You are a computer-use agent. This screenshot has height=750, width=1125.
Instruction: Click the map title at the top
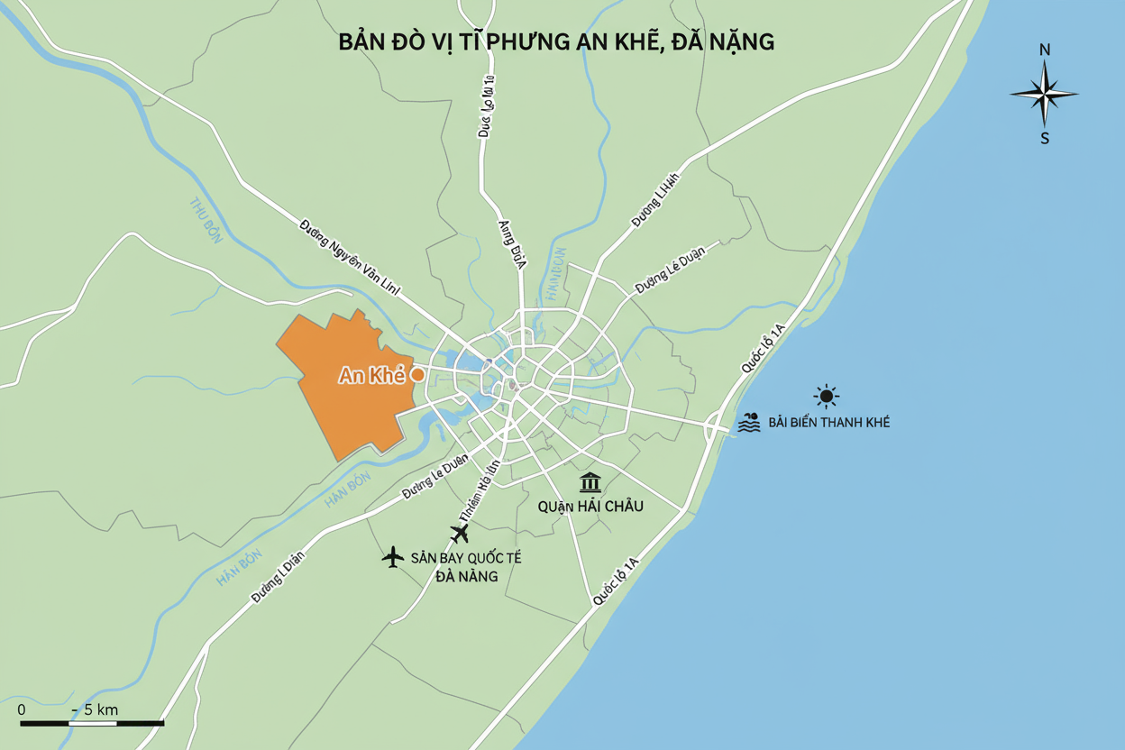point(556,42)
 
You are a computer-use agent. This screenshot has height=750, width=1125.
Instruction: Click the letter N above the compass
point(1045,50)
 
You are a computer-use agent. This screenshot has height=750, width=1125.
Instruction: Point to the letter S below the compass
point(1045,139)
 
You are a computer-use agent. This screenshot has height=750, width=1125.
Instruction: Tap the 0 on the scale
point(22,709)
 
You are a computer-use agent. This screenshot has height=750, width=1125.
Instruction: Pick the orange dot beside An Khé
point(417,374)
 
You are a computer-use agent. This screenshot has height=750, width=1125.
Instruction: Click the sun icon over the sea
point(826,396)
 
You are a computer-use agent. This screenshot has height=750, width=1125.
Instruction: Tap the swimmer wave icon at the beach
point(749,423)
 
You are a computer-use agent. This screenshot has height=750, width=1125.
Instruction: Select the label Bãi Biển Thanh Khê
point(828,423)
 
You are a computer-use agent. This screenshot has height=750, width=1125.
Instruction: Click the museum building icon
point(590,482)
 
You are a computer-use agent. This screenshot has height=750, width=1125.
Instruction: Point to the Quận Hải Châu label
point(590,507)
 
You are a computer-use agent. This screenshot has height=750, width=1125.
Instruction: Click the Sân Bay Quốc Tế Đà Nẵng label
point(465,567)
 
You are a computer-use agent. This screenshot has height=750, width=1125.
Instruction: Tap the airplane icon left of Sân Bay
point(393,557)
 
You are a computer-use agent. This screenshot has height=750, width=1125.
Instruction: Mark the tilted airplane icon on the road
point(460,534)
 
